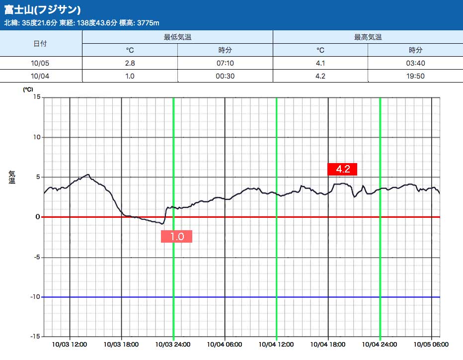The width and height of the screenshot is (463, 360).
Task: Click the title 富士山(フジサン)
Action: [43, 10]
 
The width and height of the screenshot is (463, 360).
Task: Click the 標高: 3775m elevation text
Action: [139, 23]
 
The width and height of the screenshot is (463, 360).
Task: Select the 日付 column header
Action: [40, 43]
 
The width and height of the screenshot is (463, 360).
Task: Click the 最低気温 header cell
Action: [177, 37]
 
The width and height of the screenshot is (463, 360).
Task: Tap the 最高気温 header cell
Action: [368, 37]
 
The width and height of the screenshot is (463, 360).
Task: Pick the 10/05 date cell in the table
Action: [40, 63]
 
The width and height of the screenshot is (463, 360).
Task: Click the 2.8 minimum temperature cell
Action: [130, 63]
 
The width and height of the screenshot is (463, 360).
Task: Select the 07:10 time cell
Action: [225, 63]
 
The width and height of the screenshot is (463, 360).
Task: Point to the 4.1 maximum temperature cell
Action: [320, 63]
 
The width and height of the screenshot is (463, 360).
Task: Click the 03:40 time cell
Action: [415, 63]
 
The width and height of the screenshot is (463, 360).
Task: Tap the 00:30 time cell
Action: [225, 76]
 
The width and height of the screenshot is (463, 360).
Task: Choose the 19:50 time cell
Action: [415, 76]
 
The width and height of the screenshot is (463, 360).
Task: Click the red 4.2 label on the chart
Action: [343, 169]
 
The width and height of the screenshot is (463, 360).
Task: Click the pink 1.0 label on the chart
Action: [176, 237]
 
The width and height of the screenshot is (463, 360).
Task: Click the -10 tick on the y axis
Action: [35, 297]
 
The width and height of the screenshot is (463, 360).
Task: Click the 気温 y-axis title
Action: [12, 177]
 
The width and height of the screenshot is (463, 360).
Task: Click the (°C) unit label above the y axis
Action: [28, 90]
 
